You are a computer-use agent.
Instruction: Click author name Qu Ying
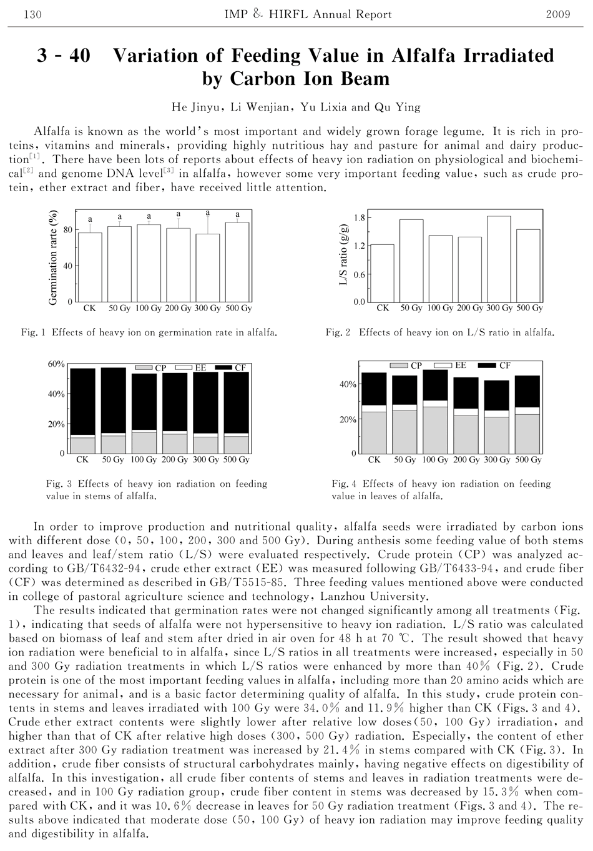[x=397, y=107]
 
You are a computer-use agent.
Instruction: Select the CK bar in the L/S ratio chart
[x=382, y=273]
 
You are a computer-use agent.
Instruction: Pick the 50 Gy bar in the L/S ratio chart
[x=411, y=261]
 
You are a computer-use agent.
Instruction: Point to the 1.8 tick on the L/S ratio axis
[x=359, y=218]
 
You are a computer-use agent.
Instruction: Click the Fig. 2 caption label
[x=338, y=333]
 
